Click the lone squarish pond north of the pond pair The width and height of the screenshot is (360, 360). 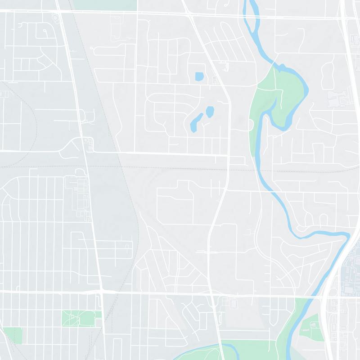[199, 77]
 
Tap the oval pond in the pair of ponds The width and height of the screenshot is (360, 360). [210, 111]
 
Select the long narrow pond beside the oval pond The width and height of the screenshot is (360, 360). [196, 122]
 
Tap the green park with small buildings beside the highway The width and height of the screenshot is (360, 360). [310, 325]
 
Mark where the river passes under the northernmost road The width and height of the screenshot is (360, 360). [249, 16]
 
